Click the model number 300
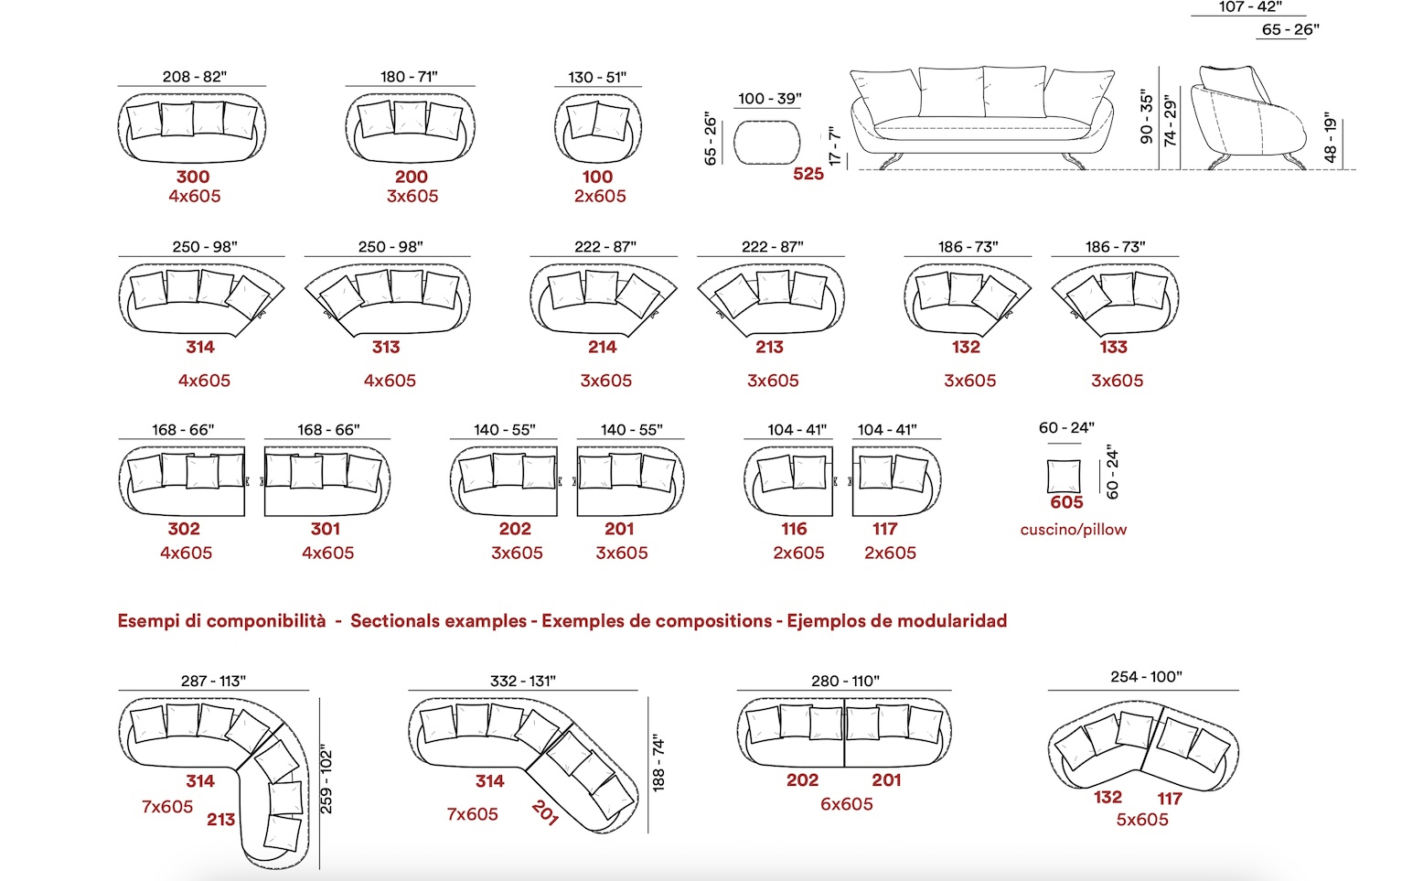[192, 176]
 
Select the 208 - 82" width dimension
[195, 76]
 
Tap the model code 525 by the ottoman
[808, 174]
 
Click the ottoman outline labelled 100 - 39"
[766, 143]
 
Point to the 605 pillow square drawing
[1064, 476]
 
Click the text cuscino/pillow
[1073, 530]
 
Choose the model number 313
[386, 347]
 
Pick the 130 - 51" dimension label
[597, 77]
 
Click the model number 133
[1113, 347]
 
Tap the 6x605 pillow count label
[846, 803]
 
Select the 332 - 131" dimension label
[523, 681]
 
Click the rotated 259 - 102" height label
[326, 782]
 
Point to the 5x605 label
[1142, 820]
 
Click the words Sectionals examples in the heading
[438, 620]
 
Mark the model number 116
[794, 528]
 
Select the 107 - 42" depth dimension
[1250, 7]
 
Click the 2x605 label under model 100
[600, 196]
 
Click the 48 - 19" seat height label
[1331, 141]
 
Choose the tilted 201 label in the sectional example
[545, 812]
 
